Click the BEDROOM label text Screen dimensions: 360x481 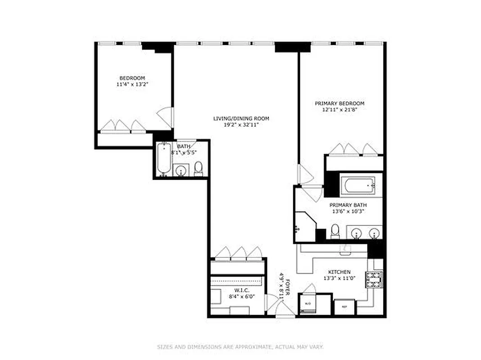click(132, 78)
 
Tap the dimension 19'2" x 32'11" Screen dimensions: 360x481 click(241, 125)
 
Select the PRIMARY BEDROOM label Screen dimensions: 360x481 click(339, 103)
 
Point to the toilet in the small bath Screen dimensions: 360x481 click(199, 169)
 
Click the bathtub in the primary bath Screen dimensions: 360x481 click(358, 185)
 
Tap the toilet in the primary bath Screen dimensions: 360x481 click(335, 232)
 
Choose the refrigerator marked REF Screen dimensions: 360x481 click(345, 307)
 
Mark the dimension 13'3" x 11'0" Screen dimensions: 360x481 click(339, 278)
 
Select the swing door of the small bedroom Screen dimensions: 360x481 click(165, 117)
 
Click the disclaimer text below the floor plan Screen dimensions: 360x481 click(240, 347)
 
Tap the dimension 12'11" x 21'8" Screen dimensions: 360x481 click(339, 109)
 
